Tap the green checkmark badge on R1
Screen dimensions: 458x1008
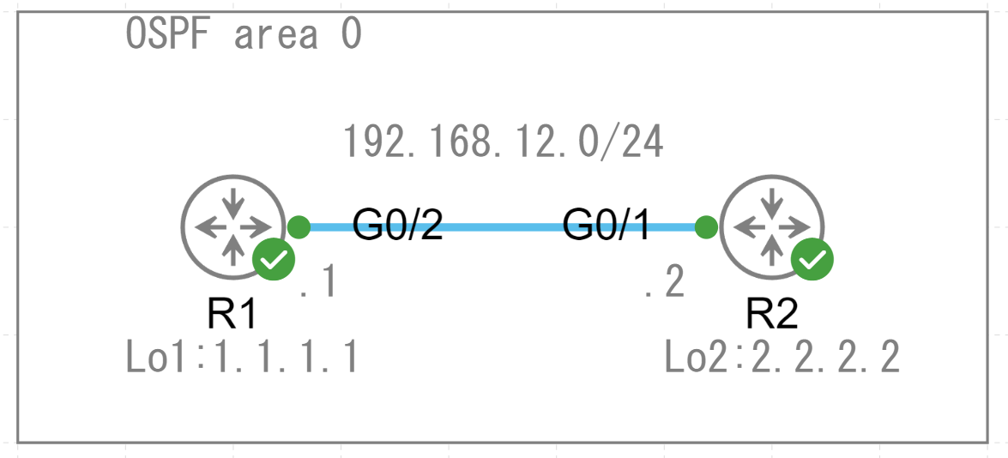pos(273,260)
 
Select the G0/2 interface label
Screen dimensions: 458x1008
pos(397,225)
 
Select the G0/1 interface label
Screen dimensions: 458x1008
pos(607,225)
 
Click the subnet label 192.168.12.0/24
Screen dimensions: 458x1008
pos(503,142)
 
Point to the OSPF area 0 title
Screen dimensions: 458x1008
pos(244,35)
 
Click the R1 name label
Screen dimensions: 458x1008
pos(232,315)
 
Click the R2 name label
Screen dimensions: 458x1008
pos(772,315)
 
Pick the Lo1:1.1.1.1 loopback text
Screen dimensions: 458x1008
pos(241,358)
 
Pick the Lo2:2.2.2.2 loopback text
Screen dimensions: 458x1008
pos(782,358)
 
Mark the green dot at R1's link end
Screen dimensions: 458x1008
pos(299,227)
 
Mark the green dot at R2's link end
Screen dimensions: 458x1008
pos(706,227)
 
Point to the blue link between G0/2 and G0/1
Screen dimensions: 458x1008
pos(502,227)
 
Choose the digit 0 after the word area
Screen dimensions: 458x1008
pos(350,35)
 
